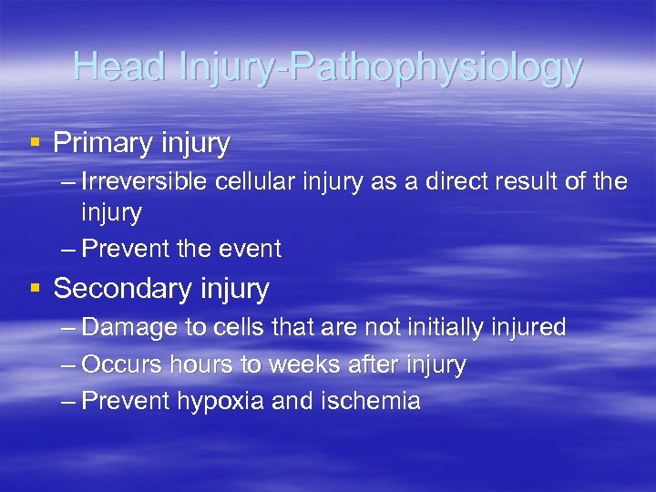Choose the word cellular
coord(251,181)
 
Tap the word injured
coord(526,328)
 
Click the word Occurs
coord(117,365)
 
